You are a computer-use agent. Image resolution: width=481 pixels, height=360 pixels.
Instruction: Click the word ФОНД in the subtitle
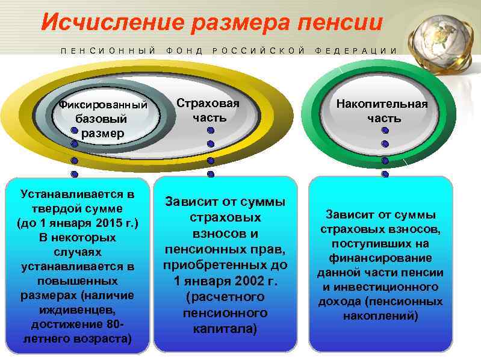(x=185, y=51)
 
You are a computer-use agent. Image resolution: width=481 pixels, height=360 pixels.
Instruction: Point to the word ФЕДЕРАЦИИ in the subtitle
(x=356, y=51)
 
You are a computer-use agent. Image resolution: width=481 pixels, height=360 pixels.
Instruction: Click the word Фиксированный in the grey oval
(x=103, y=105)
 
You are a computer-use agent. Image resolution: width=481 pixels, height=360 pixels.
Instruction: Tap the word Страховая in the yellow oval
(x=208, y=103)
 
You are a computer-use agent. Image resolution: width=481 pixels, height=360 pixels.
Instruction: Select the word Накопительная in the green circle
(x=382, y=104)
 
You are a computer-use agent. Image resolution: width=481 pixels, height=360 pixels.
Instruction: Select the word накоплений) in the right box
(x=380, y=316)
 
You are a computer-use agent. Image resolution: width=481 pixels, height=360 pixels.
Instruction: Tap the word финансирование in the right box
(x=380, y=258)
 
